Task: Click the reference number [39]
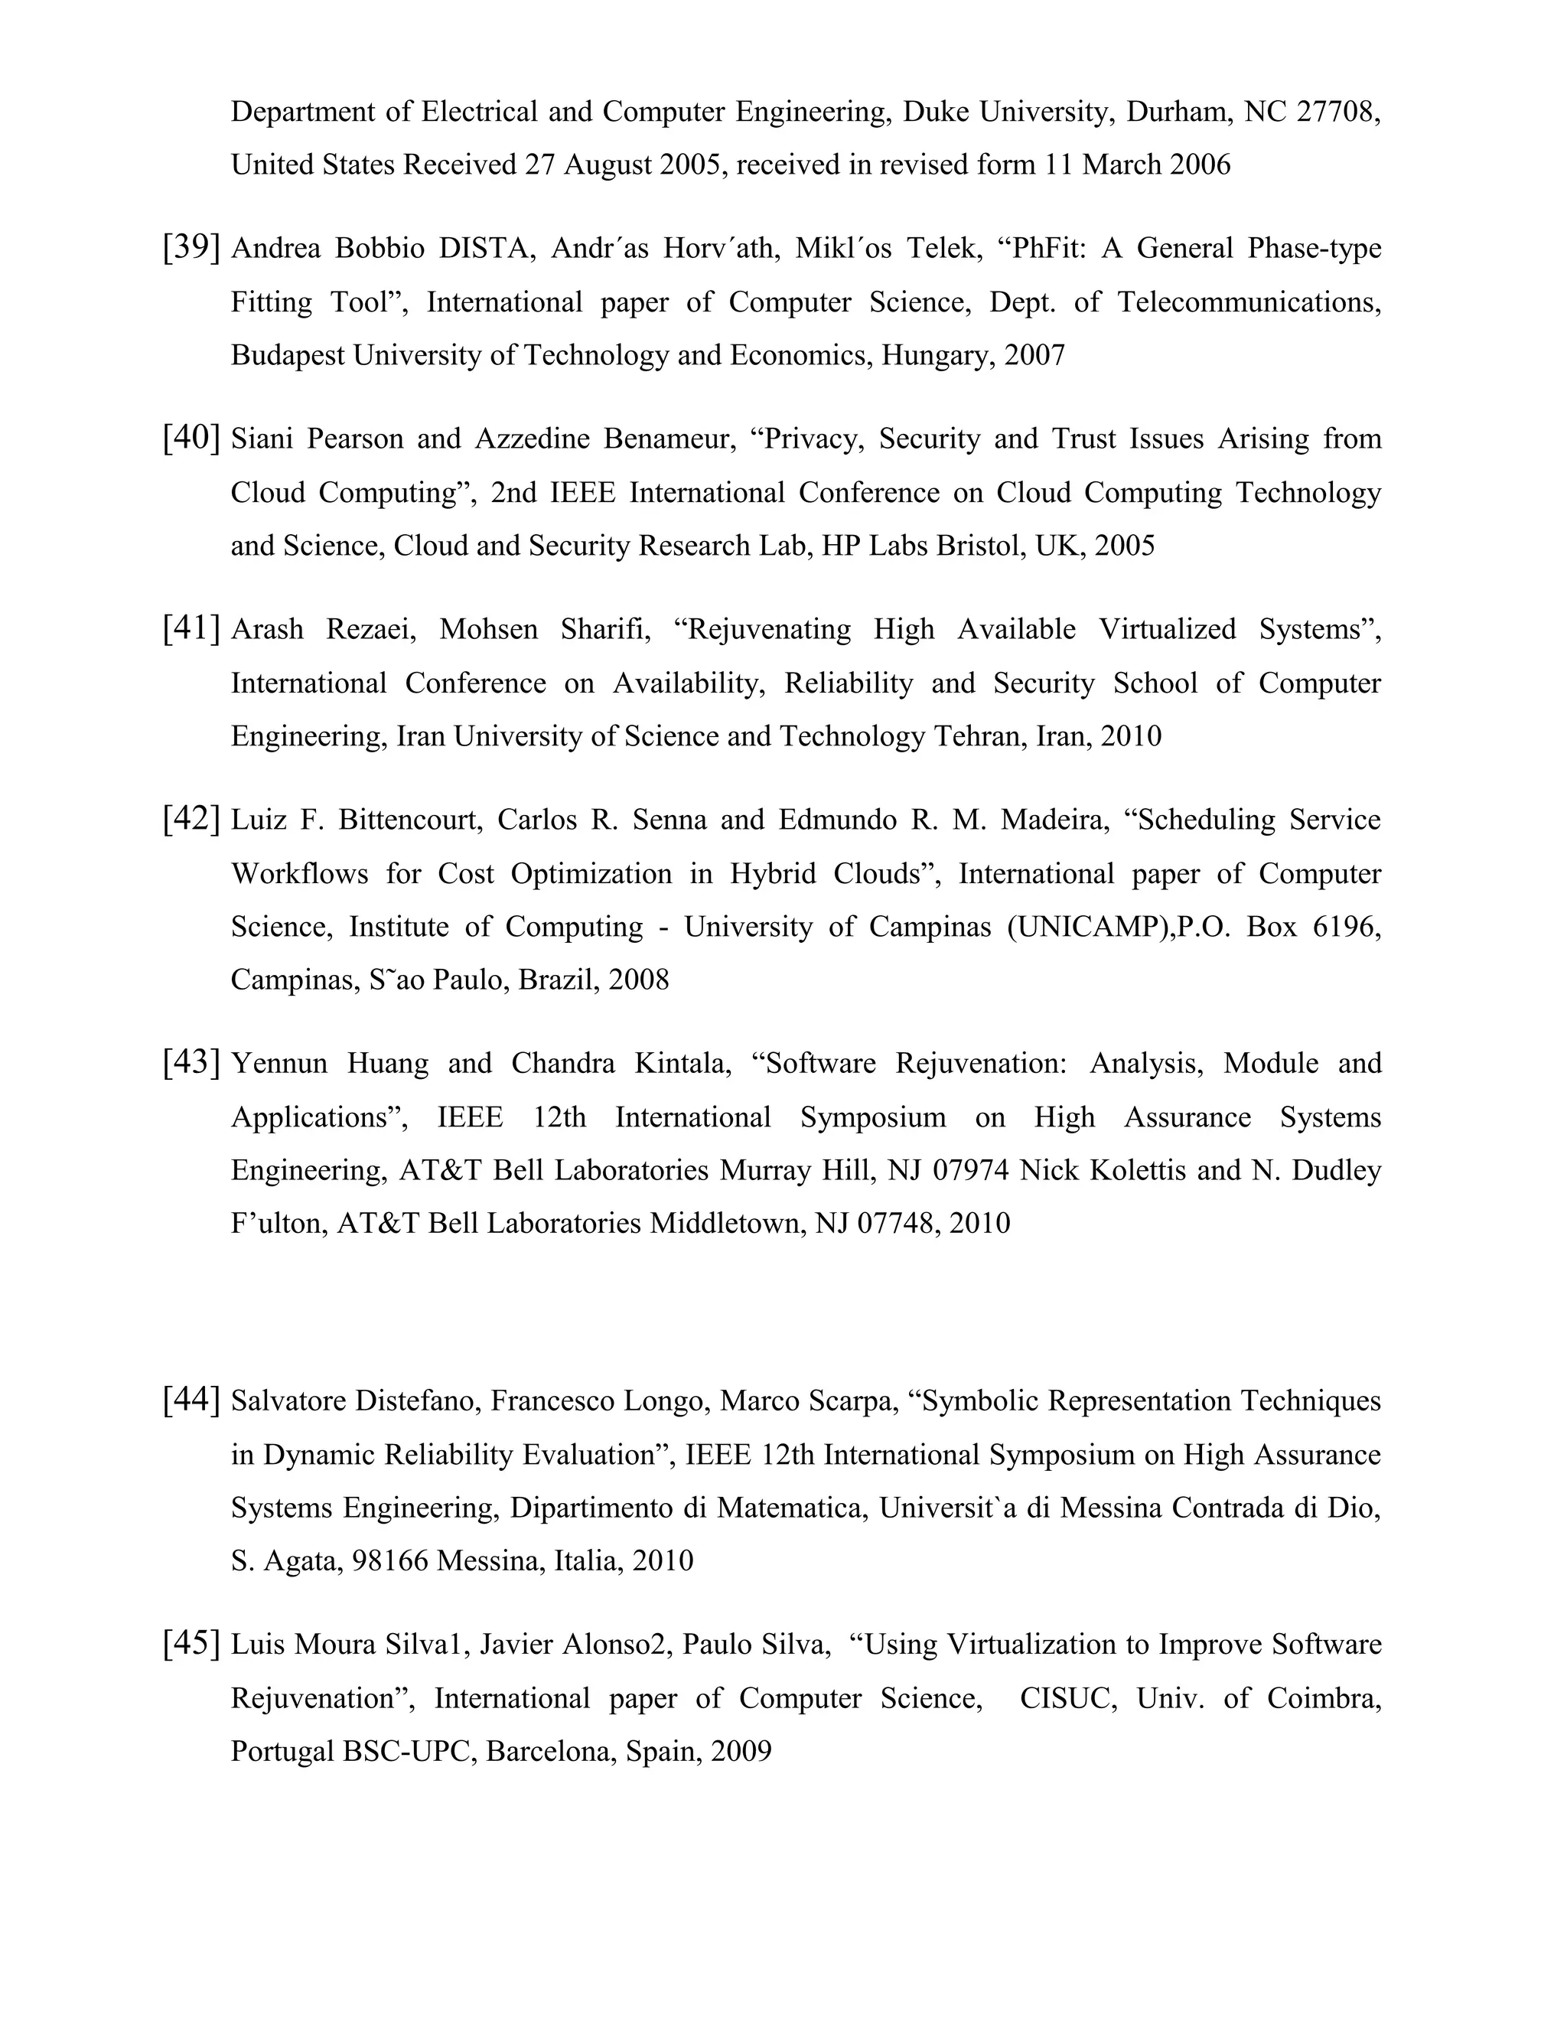tap(191, 247)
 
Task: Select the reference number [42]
tap(191, 819)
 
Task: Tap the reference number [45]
tap(191, 1645)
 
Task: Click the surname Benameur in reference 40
tap(669, 439)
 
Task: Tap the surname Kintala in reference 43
tap(683, 1062)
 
